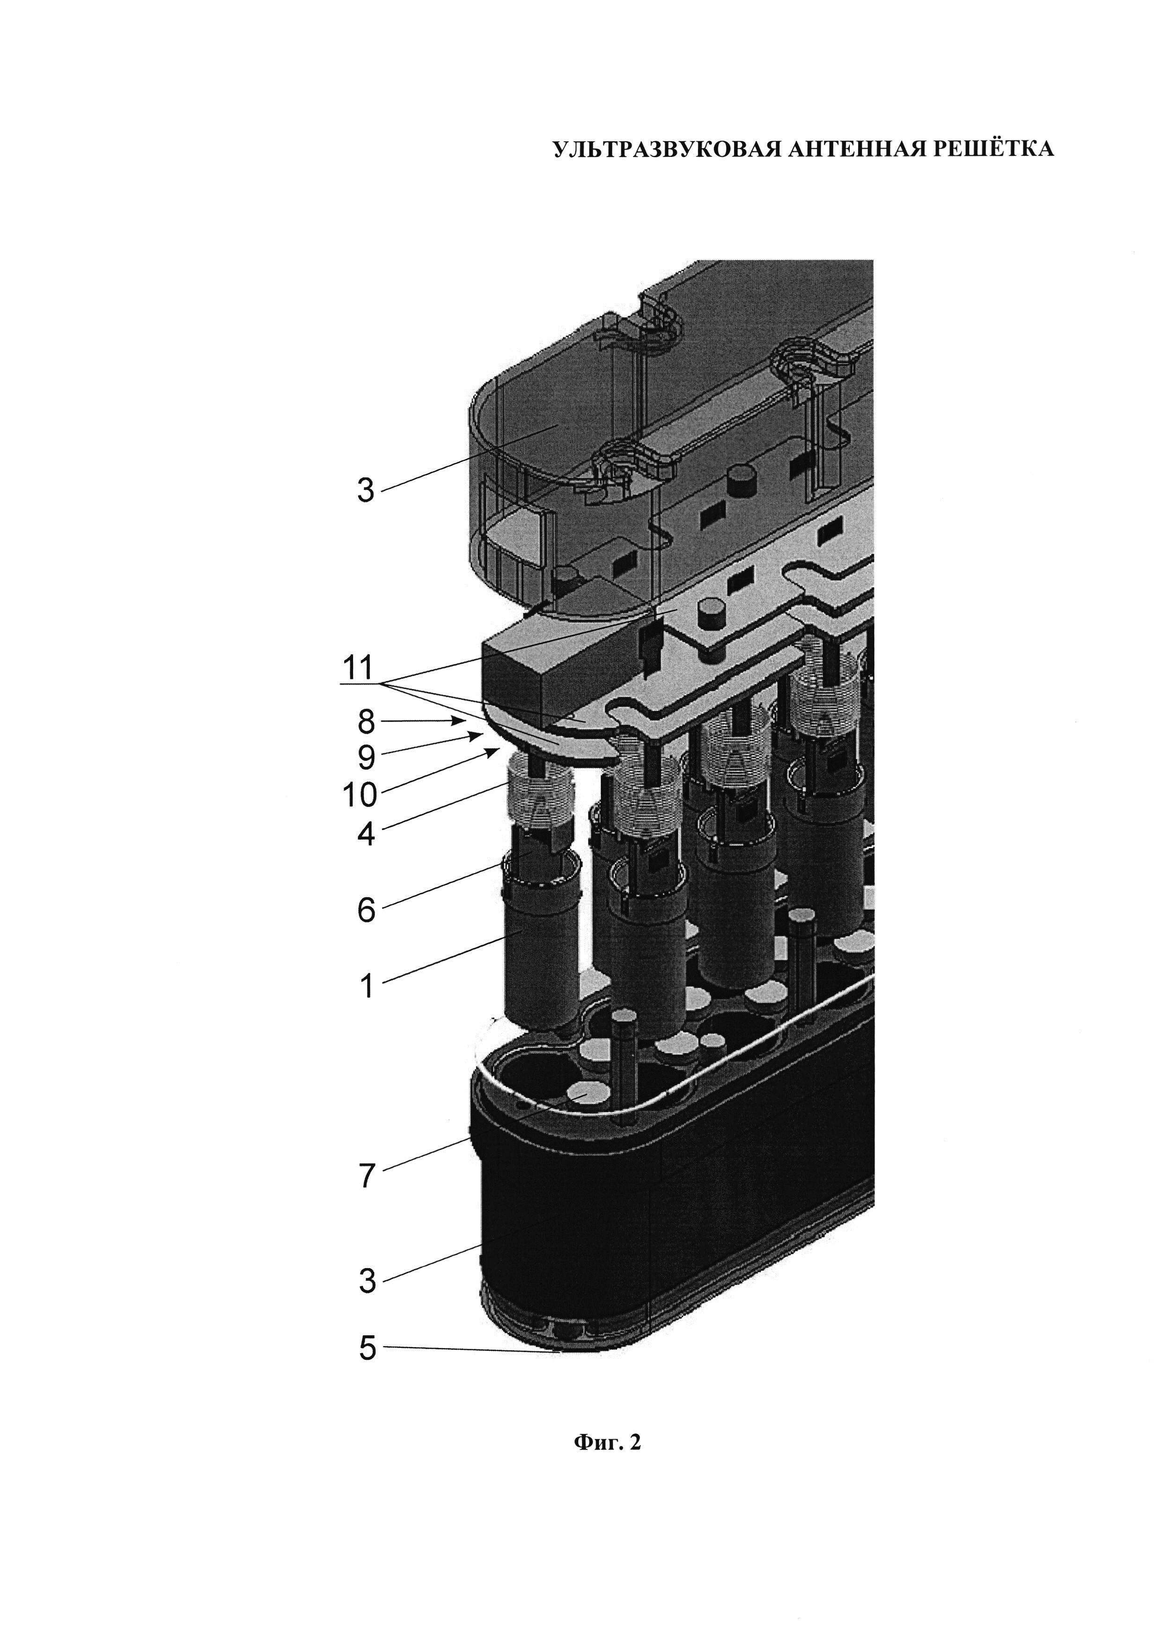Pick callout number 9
(366, 757)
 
